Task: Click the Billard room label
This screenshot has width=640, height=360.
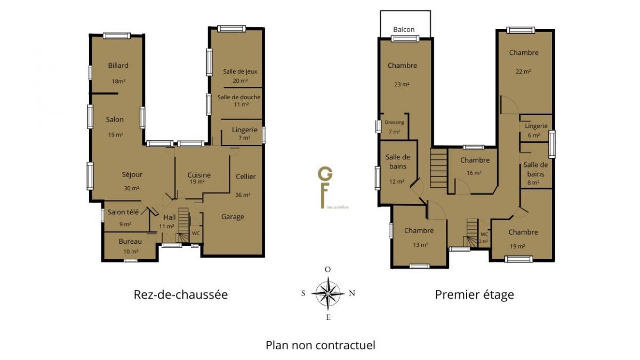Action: point(118,66)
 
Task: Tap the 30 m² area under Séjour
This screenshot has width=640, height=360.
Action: point(131,188)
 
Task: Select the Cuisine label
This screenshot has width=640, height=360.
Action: point(199,175)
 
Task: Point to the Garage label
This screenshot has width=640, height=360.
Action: point(233,217)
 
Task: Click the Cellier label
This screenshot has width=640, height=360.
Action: point(245,177)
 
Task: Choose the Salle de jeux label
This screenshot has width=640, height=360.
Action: point(240,71)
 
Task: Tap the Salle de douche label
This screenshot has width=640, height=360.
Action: point(239,97)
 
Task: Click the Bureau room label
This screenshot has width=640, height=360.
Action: point(130,242)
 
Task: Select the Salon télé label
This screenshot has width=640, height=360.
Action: point(123,212)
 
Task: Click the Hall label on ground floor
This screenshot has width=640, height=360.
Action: point(170,217)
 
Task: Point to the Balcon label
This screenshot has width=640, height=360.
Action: point(404,29)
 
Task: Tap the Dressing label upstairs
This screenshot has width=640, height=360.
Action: point(394,122)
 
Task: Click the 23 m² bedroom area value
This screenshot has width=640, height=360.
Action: point(402,84)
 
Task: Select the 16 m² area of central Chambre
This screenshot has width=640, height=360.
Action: point(474,173)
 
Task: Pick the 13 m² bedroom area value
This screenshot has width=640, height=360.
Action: point(420,245)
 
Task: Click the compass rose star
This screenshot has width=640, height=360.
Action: point(328,293)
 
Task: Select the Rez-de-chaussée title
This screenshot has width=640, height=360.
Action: point(181,294)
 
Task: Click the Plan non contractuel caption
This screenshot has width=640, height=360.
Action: point(321,345)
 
